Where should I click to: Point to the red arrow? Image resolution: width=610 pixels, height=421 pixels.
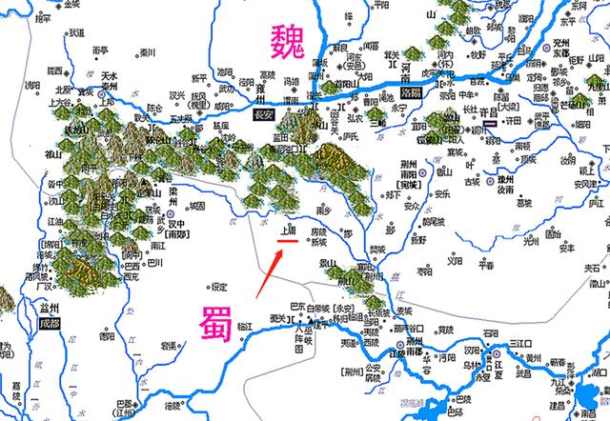pos(269,271)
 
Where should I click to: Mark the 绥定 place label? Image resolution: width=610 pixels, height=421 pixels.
pos(220,287)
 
